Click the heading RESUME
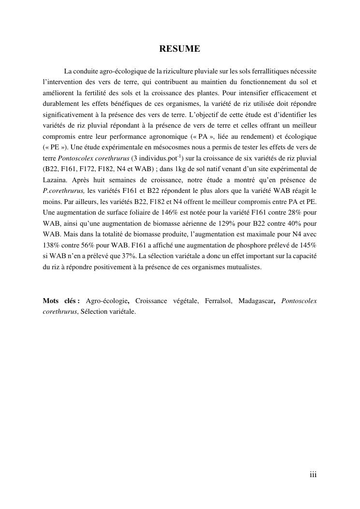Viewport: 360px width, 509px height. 180,49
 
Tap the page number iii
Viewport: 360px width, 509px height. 313,475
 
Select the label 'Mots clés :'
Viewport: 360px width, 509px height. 61,301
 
